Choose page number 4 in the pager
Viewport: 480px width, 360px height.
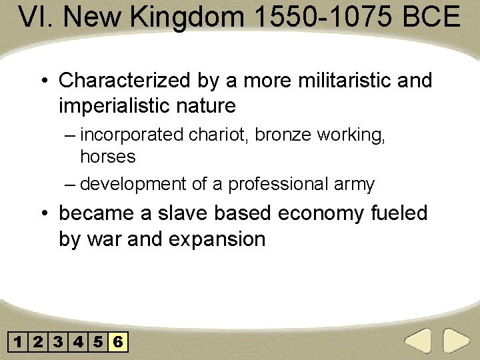coord(79,343)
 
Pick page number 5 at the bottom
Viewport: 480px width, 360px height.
coord(99,343)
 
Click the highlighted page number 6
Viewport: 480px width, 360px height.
coord(118,343)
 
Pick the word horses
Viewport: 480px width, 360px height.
coord(107,157)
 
